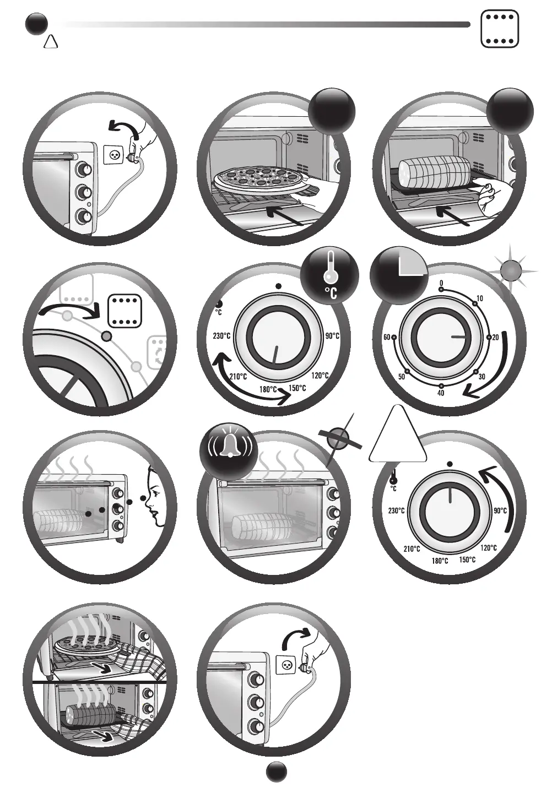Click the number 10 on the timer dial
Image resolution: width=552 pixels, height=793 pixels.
click(x=480, y=298)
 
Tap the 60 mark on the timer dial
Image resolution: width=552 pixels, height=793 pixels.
click(x=387, y=338)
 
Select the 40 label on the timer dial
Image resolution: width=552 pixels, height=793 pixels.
click(x=441, y=393)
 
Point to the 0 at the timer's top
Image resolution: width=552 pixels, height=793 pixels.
click(x=441, y=283)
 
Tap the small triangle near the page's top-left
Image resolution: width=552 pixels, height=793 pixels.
click(x=51, y=41)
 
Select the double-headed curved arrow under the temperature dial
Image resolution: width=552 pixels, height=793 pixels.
click(x=251, y=382)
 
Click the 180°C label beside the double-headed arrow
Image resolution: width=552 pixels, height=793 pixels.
click(x=269, y=389)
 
